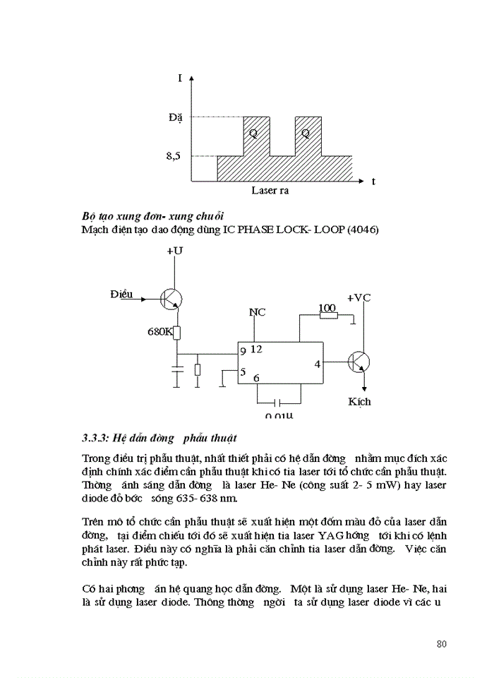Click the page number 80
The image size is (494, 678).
click(442, 644)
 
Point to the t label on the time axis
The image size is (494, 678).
click(373, 182)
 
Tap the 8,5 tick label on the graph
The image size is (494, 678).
click(174, 156)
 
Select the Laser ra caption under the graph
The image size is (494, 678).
click(270, 191)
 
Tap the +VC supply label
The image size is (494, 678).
click(359, 297)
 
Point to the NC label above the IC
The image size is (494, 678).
click(257, 312)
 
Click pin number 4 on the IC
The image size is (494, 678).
click(317, 364)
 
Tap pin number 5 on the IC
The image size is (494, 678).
click(243, 372)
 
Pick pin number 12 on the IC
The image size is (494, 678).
click(256, 349)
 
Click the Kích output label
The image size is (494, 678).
click(359, 401)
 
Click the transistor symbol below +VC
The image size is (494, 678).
click(359, 363)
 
